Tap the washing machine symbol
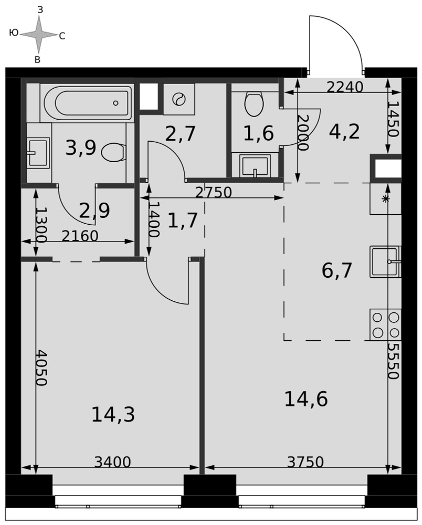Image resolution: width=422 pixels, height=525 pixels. [x=179, y=99]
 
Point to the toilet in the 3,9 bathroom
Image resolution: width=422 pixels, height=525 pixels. [x=114, y=152]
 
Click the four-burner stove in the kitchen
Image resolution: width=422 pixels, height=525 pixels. [x=386, y=324]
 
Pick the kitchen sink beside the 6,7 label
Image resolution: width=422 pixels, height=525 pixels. [x=386, y=261]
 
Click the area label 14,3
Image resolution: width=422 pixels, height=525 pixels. [x=113, y=414]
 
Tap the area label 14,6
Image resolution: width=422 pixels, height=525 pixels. [x=306, y=399]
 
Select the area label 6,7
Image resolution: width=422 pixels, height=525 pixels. [x=336, y=270]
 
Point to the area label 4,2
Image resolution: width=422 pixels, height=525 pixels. [x=344, y=132]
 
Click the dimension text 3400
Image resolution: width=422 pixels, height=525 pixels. [x=112, y=462]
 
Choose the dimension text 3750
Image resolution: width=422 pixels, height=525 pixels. [x=305, y=462]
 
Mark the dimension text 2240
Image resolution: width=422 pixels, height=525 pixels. [x=345, y=87]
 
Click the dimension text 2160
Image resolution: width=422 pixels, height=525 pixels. [x=80, y=236]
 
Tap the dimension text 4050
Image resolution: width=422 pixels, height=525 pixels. [x=42, y=368]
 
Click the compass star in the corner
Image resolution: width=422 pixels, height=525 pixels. [x=39, y=35]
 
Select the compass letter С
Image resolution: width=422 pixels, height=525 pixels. [x=62, y=36]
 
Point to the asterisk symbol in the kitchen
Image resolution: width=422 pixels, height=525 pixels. [x=386, y=198]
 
